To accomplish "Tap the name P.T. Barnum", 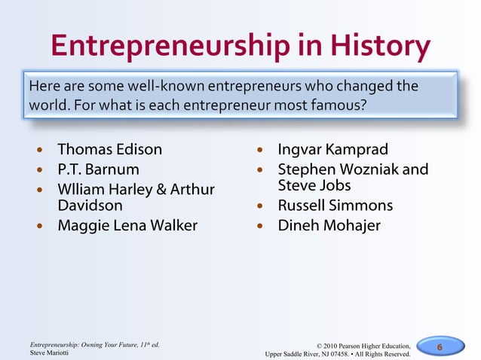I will pyautogui.click(x=99, y=169).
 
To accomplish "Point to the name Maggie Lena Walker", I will pyautogui.click(x=128, y=224).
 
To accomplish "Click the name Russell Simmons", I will pyautogui.click(x=335, y=205).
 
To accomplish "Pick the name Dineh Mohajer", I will pyautogui.click(x=329, y=225).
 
